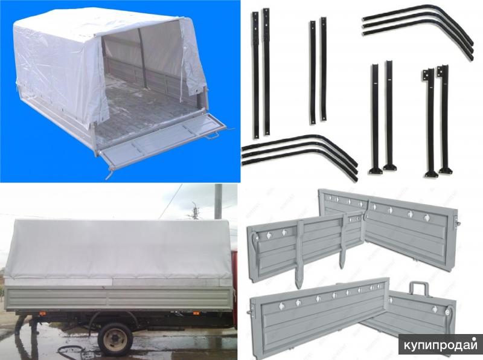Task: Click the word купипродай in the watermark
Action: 441,345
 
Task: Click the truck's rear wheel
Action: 115,339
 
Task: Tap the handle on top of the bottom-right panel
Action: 419,290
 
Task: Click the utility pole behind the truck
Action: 218,201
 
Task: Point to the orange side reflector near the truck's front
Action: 196,313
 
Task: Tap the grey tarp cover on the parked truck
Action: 118,249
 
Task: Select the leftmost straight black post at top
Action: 255,75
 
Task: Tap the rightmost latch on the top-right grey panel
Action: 427,217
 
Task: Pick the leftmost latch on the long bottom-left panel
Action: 281,306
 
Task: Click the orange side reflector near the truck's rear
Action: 42,313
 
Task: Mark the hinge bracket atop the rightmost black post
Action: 443,71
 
